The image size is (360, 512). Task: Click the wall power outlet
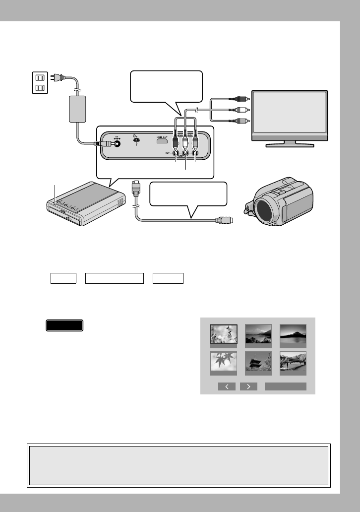(39, 83)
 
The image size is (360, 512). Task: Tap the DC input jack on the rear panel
(118, 144)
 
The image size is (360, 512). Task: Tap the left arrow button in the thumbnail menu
(227, 386)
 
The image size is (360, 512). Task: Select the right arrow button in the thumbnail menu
(248, 386)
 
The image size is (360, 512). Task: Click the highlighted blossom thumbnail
(223, 335)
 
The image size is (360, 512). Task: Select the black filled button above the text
(64, 325)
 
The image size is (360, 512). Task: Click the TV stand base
(290, 144)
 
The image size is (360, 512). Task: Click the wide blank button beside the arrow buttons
(285, 386)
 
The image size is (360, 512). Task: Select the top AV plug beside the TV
(242, 99)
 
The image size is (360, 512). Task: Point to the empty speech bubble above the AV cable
(166, 86)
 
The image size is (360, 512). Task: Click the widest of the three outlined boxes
(114, 279)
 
